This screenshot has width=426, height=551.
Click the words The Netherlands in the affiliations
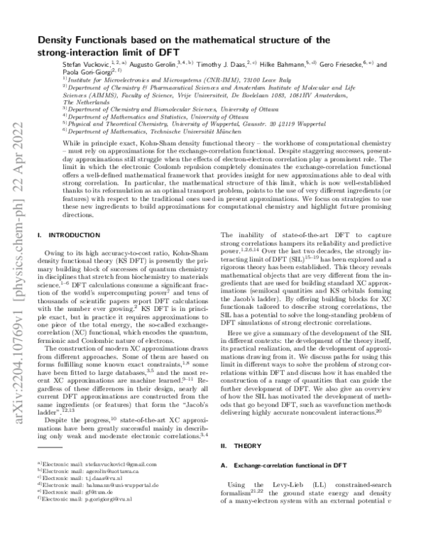(63, 102)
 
